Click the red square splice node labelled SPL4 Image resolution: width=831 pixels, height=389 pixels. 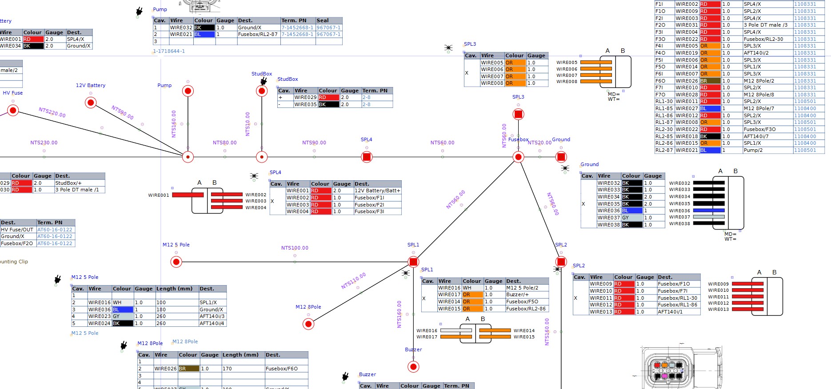point(367,157)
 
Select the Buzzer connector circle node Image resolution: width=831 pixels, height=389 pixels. point(413,367)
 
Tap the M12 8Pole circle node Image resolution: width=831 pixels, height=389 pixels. point(308,324)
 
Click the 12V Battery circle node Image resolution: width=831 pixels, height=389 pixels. point(91,103)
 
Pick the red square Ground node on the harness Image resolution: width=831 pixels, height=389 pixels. point(561,157)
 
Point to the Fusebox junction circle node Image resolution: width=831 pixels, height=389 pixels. point(518,157)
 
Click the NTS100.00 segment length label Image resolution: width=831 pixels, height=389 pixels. point(295,248)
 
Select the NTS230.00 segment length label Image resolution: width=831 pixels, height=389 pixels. point(44,143)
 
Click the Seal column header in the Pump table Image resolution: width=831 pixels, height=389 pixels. point(323,20)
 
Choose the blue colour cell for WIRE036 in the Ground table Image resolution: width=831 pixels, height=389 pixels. point(631,210)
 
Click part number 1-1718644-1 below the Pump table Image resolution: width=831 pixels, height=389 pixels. point(169,51)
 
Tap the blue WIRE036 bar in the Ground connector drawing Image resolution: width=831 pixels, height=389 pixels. point(709,210)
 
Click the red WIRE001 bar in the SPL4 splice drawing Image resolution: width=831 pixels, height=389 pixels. point(188,194)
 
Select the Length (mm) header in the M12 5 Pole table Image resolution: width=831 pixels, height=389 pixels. point(174,289)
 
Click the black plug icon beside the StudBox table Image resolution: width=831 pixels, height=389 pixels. point(264,81)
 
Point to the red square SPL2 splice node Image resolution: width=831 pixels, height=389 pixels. point(561,262)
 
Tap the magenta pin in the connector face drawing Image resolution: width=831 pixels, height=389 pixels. point(664,376)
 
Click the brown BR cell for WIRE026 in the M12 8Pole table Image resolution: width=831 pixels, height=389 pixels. point(188,369)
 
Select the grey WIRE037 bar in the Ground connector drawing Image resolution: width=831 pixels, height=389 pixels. point(709,217)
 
